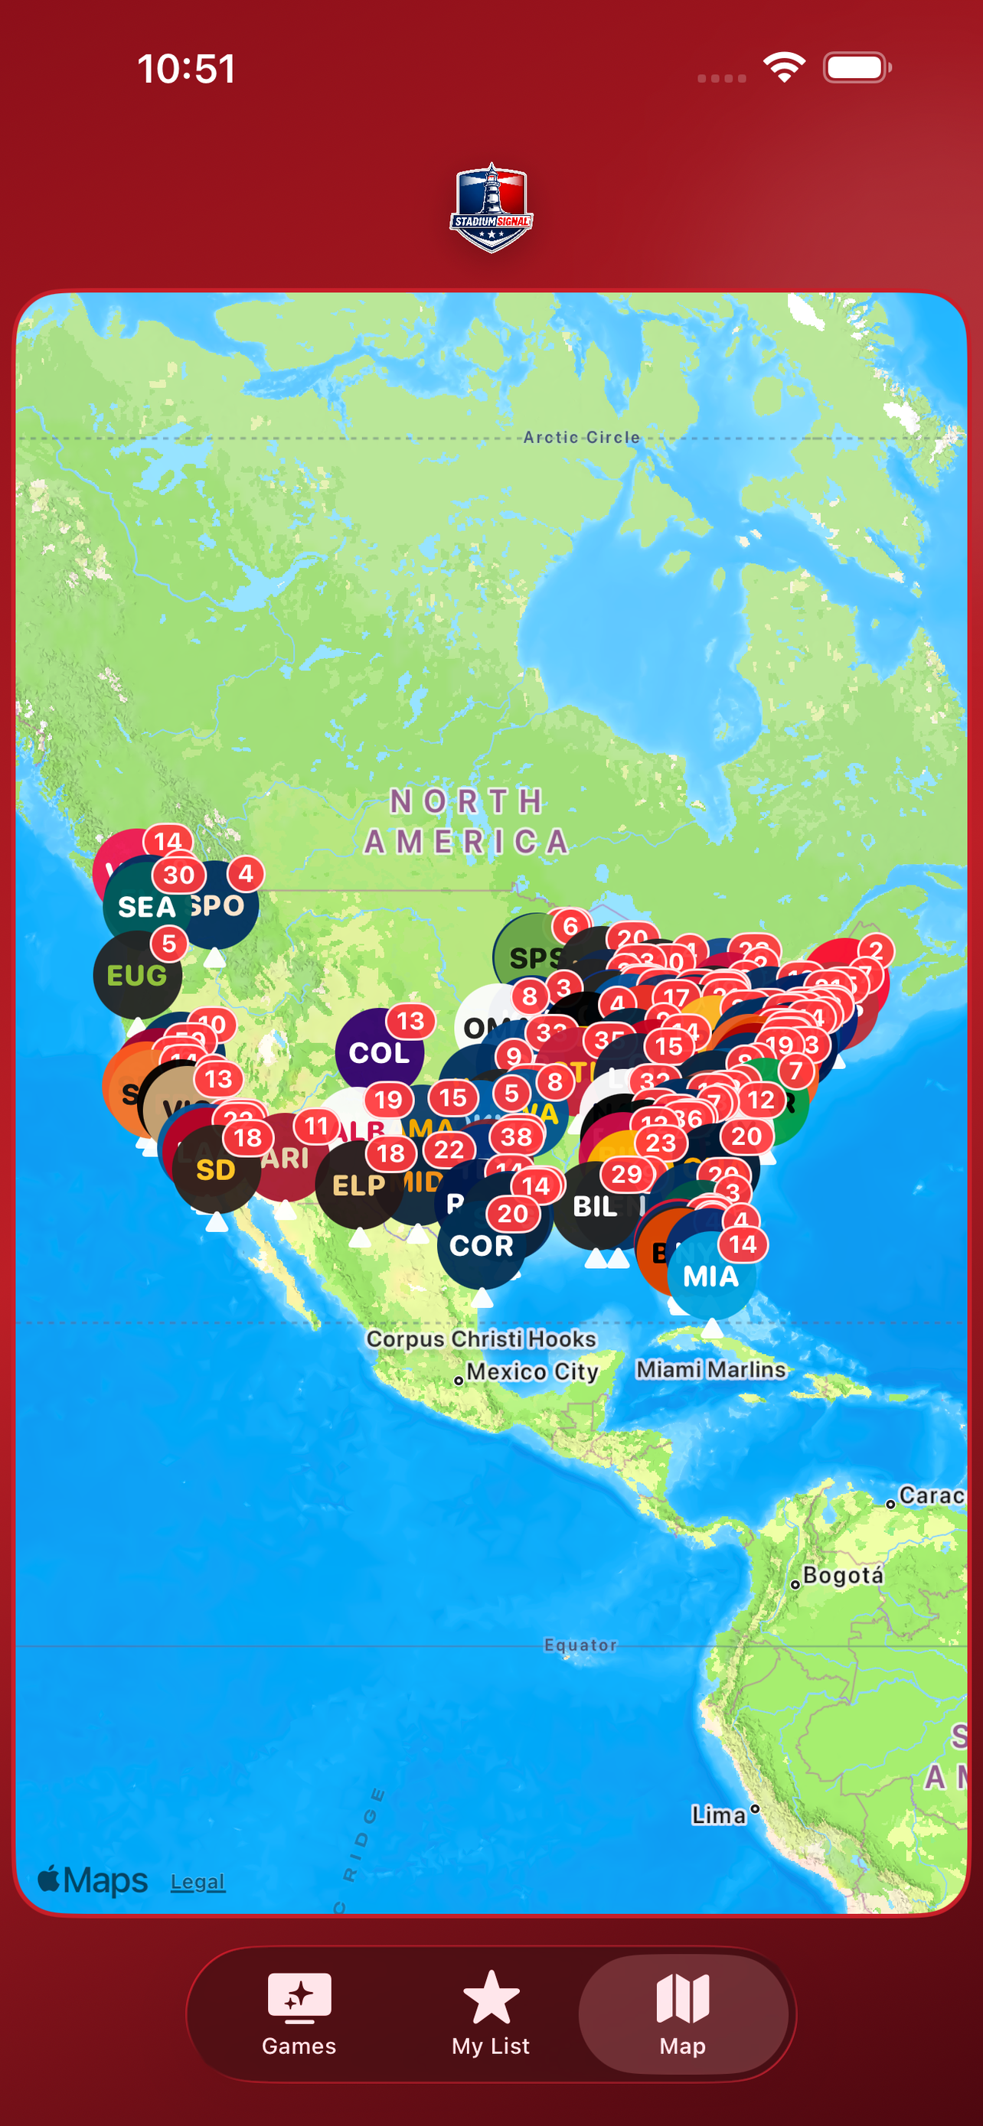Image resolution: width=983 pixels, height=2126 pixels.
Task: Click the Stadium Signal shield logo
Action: [491, 207]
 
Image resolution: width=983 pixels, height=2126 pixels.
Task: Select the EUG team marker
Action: [136, 977]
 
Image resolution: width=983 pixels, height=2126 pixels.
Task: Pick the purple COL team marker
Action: [379, 1053]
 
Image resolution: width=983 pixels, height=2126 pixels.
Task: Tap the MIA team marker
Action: [710, 1277]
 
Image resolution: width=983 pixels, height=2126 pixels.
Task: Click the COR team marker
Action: [482, 1246]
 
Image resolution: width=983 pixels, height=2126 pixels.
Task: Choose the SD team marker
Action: [215, 1170]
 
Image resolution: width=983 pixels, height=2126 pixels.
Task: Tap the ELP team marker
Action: [358, 1186]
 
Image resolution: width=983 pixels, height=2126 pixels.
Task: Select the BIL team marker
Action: [595, 1208]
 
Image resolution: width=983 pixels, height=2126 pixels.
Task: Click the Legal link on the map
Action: [198, 1883]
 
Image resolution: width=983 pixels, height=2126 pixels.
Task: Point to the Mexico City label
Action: [531, 1371]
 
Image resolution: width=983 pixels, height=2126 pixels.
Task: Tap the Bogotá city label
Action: [842, 1576]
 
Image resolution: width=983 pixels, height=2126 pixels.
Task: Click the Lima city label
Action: [719, 1815]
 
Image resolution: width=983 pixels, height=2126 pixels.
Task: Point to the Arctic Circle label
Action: [582, 438]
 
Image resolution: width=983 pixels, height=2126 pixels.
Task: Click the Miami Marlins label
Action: [710, 1370]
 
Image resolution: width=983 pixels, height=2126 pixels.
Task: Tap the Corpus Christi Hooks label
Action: [482, 1339]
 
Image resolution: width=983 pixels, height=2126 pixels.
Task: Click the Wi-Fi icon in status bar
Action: [784, 67]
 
